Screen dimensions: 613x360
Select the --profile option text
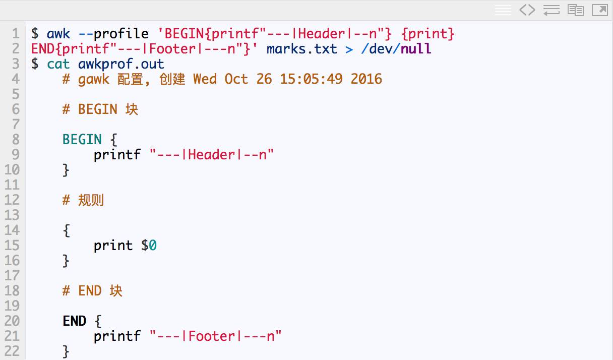pos(113,34)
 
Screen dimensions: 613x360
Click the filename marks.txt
pos(301,49)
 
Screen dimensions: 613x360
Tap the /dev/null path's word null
pos(416,49)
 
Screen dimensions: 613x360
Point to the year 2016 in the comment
pos(366,79)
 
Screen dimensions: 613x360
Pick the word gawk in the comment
pos(94,79)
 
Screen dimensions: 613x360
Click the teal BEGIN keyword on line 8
pos(82,140)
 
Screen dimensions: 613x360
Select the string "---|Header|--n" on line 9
pos(212,155)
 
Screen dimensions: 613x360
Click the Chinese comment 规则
pos(91,200)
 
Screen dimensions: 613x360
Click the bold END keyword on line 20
pos(75,321)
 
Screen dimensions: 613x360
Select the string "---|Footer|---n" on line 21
pos(216,336)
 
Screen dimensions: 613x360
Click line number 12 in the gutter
pos(12,200)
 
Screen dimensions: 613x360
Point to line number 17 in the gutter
pos(12,276)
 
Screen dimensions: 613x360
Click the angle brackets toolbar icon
pos(527,10)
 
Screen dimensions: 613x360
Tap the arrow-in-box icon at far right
pos(600,10)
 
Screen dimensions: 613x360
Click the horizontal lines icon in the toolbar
pos(503,10)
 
